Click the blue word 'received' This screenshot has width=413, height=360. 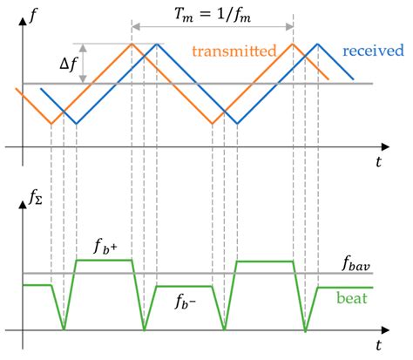tap(372, 51)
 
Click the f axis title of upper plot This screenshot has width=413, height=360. tap(31, 13)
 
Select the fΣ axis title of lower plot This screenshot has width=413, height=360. tap(33, 209)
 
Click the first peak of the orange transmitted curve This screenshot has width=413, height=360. tap(132, 44)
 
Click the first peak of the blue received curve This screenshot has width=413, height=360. tap(157, 44)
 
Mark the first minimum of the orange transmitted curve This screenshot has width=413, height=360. tap(51, 123)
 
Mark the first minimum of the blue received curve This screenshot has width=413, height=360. tap(76, 123)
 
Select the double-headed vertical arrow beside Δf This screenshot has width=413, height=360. tap(84, 64)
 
